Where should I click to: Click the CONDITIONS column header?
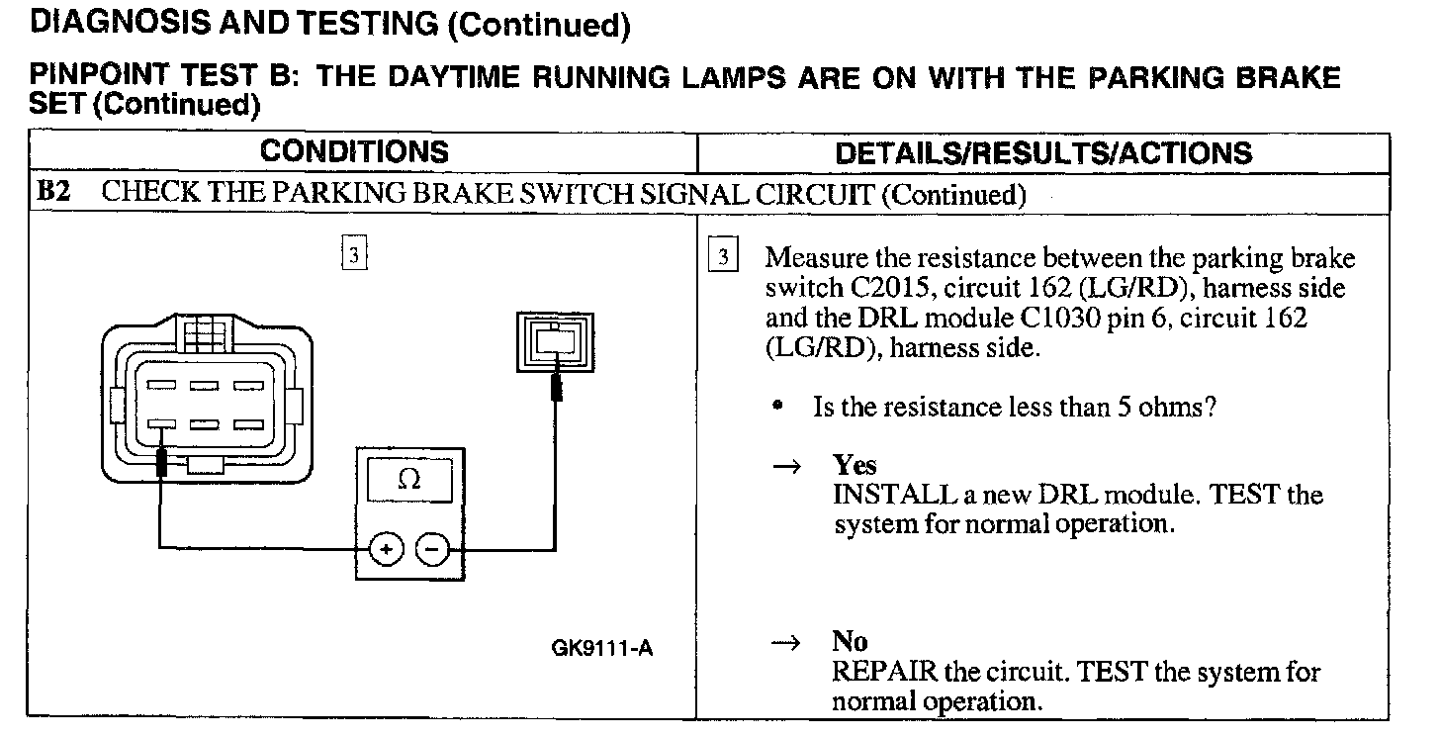[x=354, y=152]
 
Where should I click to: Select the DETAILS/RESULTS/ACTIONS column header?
[x=1043, y=153]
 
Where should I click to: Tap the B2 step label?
[x=53, y=193]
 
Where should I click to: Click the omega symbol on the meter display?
[x=408, y=480]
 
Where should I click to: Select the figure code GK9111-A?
[x=602, y=648]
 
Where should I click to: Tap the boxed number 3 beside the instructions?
[x=724, y=256]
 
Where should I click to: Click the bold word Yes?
[x=855, y=465]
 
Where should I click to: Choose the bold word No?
[x=850, y=643]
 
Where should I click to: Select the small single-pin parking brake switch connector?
[x=557, y=343]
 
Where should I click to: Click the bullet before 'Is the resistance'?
[x=781, y=406]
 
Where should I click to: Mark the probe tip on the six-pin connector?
[x=161, y=458]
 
